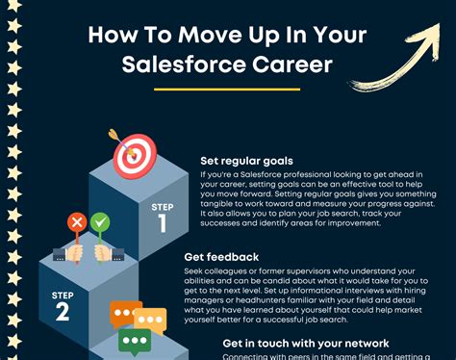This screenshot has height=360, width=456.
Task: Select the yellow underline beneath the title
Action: [x=227, y=90]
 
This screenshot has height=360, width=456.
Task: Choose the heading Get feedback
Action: [x=221, y=257]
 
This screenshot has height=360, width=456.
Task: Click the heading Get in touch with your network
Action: [x=305, y=344]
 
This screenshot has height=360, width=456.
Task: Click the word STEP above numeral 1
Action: [x=162, y=206]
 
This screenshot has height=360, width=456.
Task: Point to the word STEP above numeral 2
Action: [x=62, y=293]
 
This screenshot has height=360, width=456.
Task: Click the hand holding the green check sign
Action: [x=103, y=252]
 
